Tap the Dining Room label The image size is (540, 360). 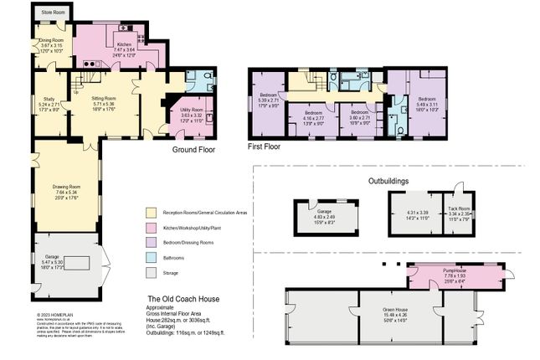pyautogui.click(x=54, y=39)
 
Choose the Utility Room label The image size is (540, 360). pyautogui.click(x=192, y=110)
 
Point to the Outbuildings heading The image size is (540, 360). pyautogui.click(x=394, y=181)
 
